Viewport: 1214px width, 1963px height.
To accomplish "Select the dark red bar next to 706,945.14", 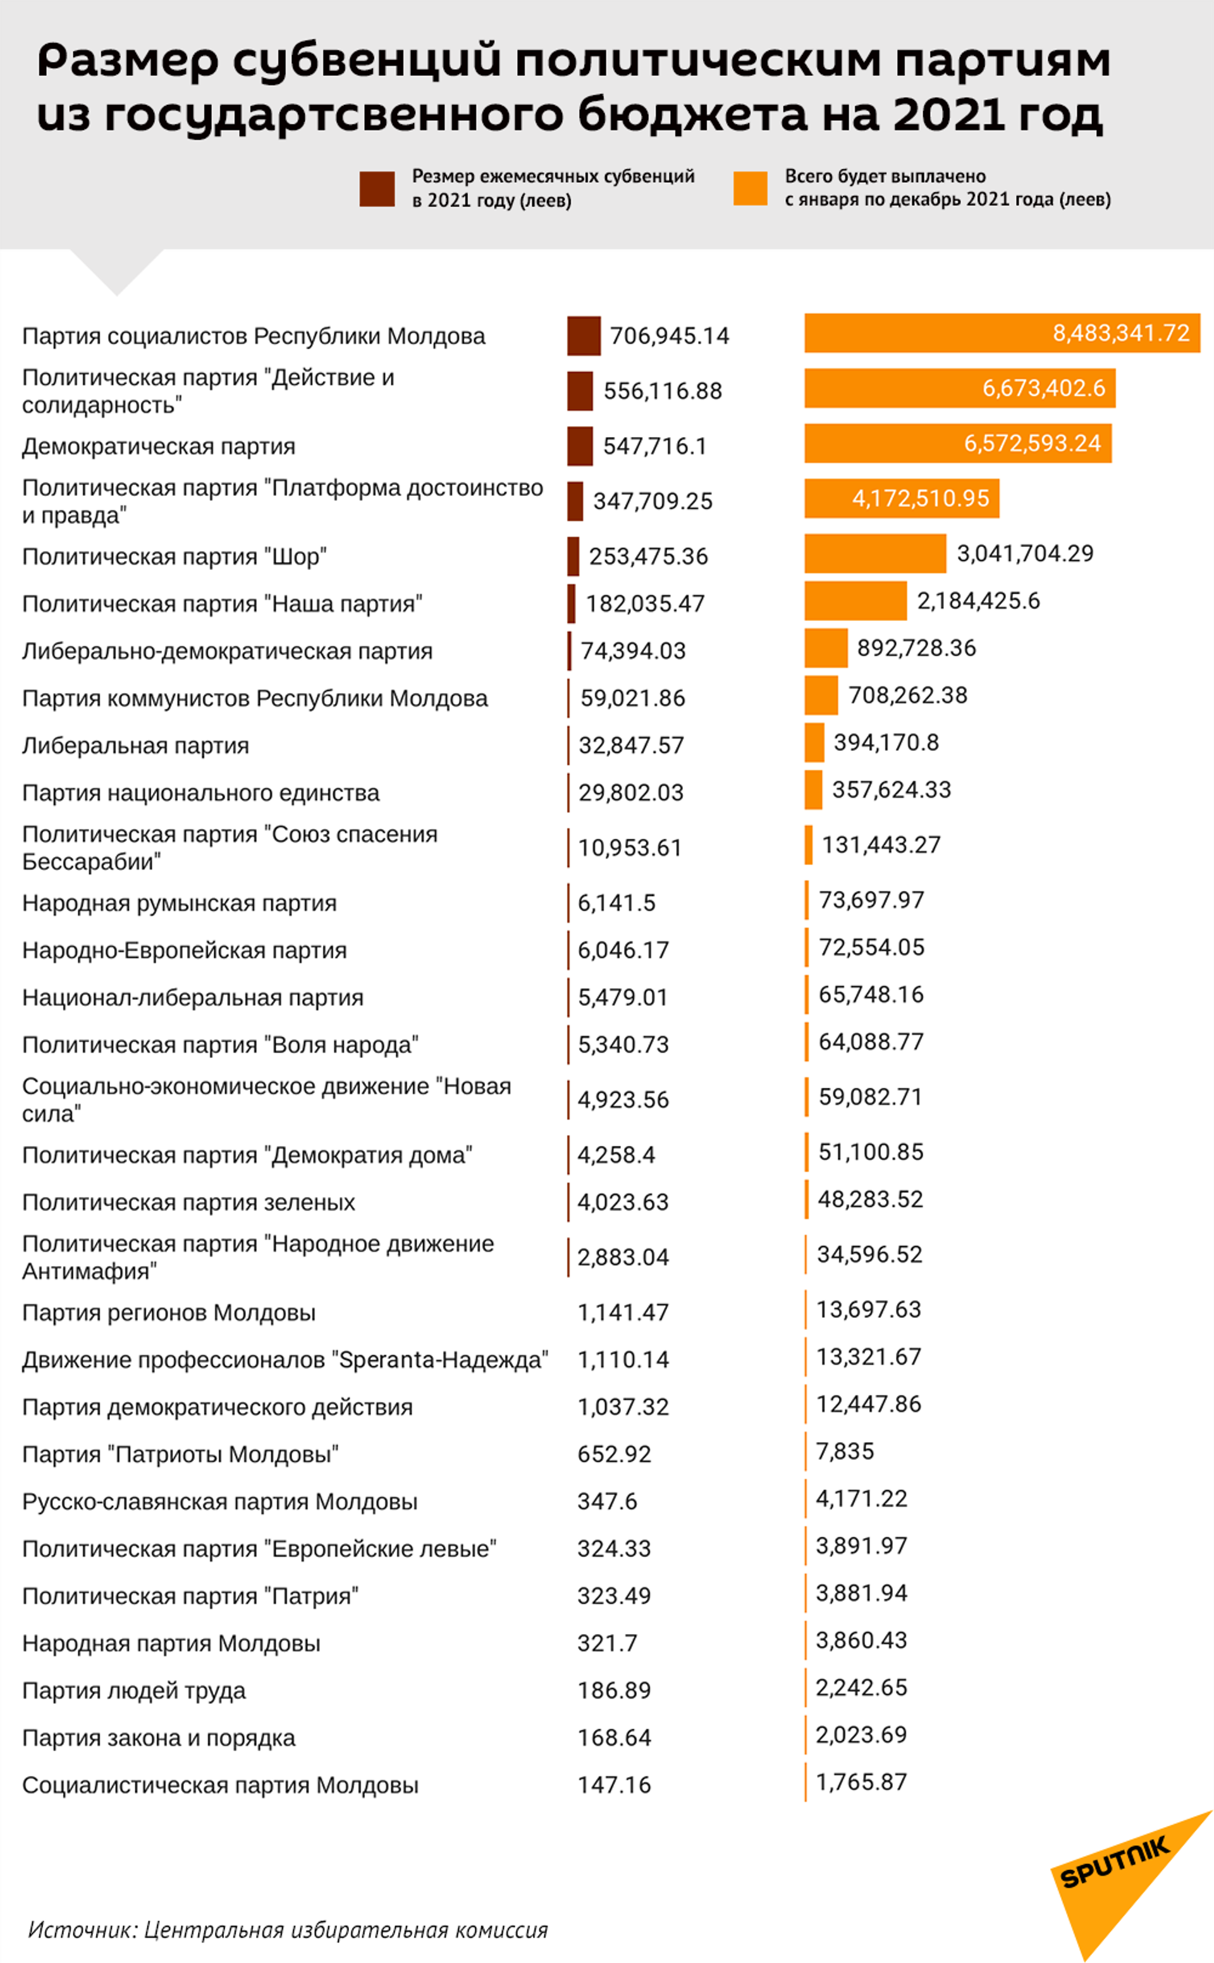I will coord(584,336).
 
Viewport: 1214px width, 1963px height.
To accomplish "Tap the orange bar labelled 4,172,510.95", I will coord(902,498).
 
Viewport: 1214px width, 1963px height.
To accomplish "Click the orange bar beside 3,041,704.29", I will coord(875,553).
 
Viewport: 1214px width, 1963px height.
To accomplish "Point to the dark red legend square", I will coord(377,188).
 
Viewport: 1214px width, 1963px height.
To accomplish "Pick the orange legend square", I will coord(750,188).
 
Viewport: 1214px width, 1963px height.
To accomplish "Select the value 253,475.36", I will coord(648,557).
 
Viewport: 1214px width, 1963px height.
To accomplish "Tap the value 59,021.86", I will coord(633,698).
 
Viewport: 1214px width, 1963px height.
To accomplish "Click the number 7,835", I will coord(845,1451).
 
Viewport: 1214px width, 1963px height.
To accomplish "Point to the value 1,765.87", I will coord(861,1781).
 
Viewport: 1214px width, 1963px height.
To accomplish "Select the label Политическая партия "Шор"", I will coord(175,557).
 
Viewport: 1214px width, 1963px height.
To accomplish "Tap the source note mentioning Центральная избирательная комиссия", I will coord(288,1929).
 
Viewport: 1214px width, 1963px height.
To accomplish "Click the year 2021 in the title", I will coord(947,114).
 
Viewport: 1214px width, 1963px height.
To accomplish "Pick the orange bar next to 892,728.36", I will coord(825,648).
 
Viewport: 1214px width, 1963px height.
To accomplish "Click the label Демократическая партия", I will coord(159,446).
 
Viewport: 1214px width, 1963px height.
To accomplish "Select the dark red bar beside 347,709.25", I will coord(575,501).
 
